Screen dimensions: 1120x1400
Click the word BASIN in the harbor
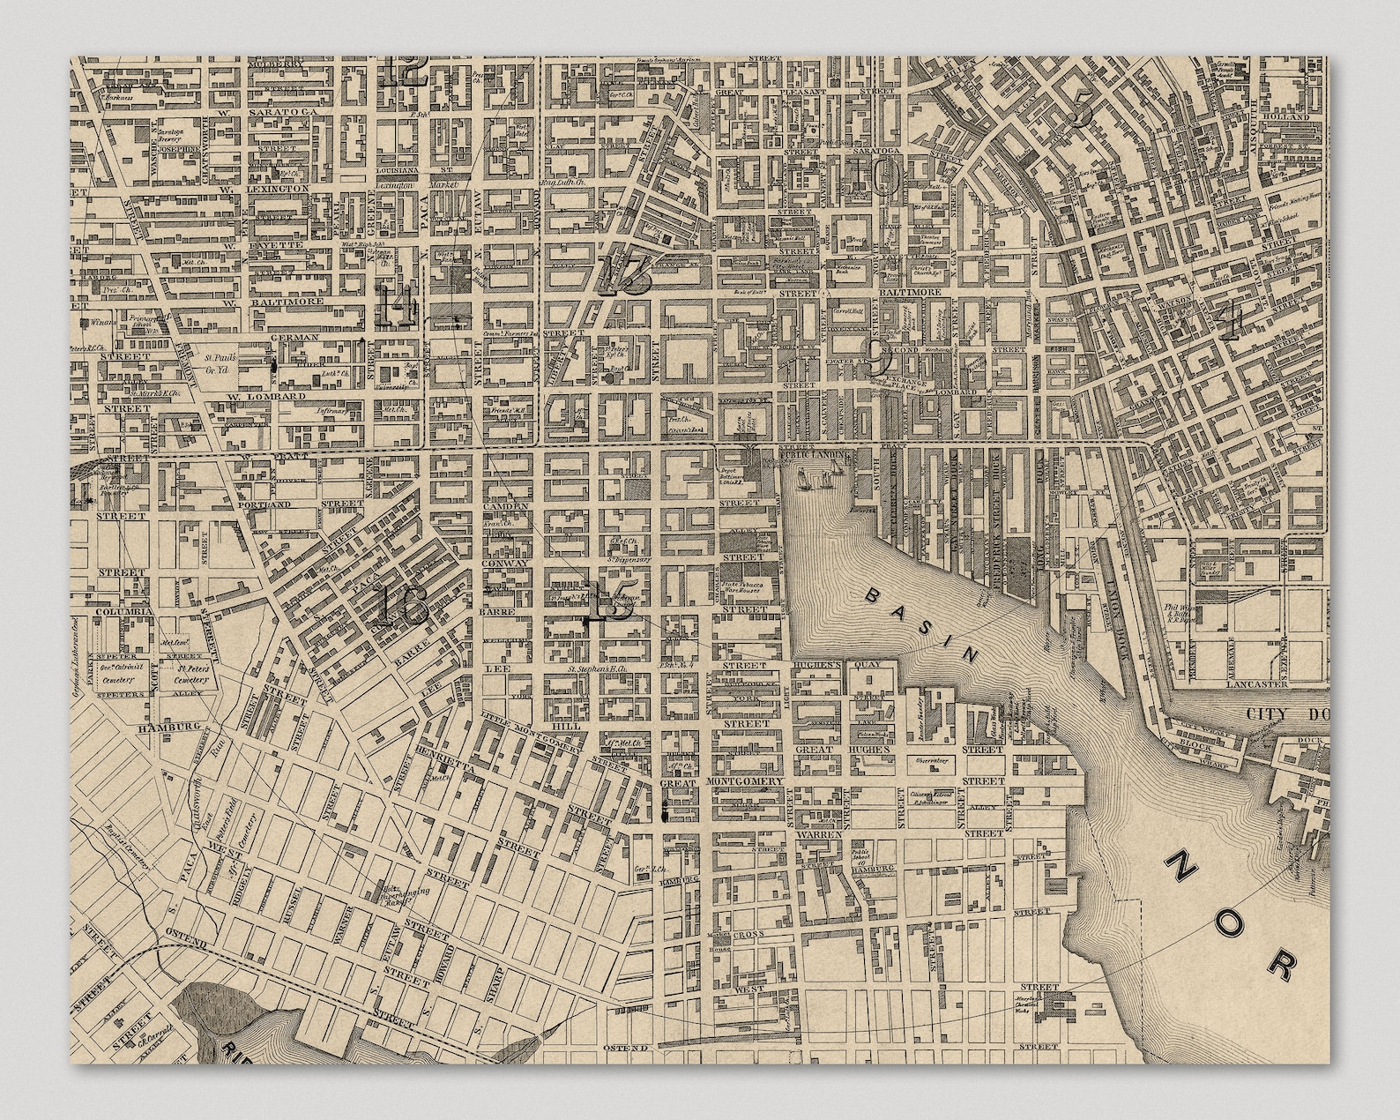tap(922, 625)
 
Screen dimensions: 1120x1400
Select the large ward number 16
tap(401, 606)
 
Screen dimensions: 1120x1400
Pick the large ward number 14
tap(398, 304)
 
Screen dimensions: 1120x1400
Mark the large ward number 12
tap(406, 71)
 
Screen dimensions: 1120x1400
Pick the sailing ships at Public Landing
tap(816, 479)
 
